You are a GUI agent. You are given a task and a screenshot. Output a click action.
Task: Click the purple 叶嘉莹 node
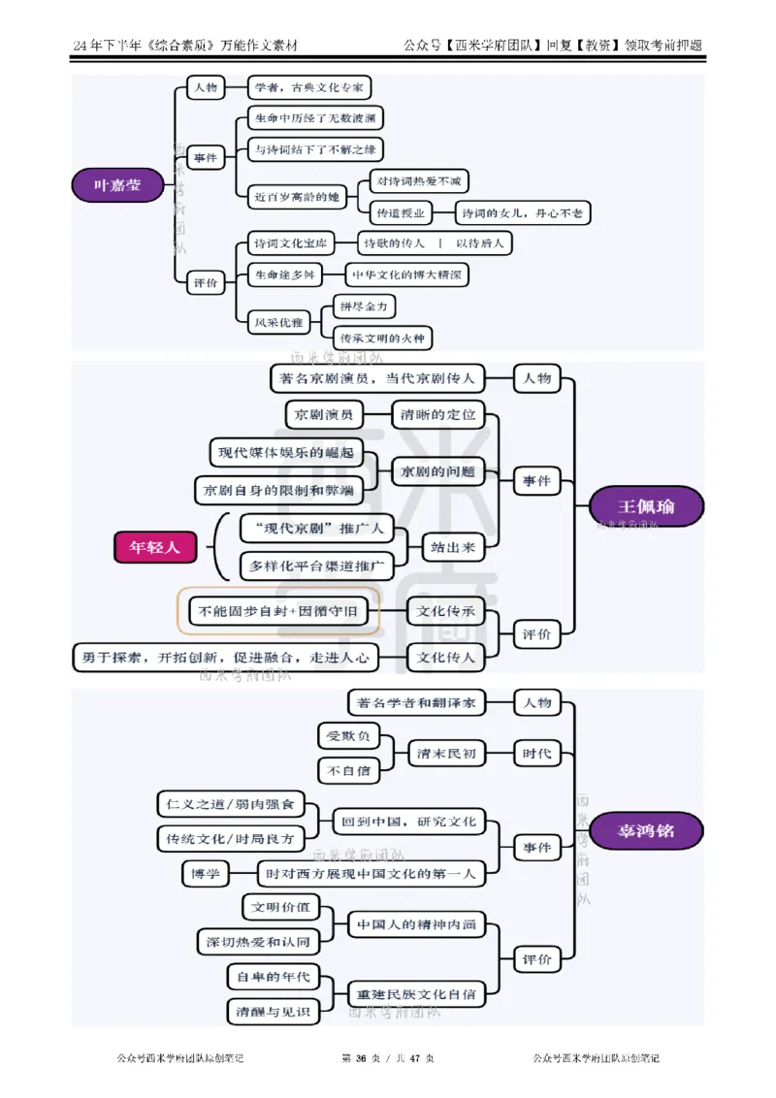pos(116,184)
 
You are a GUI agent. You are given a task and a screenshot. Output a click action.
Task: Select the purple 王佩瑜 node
pos(647,506)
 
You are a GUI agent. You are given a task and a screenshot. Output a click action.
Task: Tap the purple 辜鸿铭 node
pos(647,831)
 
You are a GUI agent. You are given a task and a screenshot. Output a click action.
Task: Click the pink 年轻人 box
pos(155,547)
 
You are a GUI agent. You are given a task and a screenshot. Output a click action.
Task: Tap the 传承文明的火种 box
pos(381,338)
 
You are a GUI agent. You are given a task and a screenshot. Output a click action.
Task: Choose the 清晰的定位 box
pos(438,414)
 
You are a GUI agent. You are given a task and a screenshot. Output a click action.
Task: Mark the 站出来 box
pos(453,548)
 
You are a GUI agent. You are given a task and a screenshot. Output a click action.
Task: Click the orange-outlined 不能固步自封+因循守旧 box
pos(277,611)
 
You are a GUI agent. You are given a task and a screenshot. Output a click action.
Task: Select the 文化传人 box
pos(445,658)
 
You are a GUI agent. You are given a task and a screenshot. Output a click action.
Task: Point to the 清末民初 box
pos(446,753)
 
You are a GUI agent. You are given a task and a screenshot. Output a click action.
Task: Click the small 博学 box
pos(206,874)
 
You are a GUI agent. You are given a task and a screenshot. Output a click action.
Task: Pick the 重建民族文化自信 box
pos(416,993)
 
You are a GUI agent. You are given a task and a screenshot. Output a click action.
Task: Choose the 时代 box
pos(536,753)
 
